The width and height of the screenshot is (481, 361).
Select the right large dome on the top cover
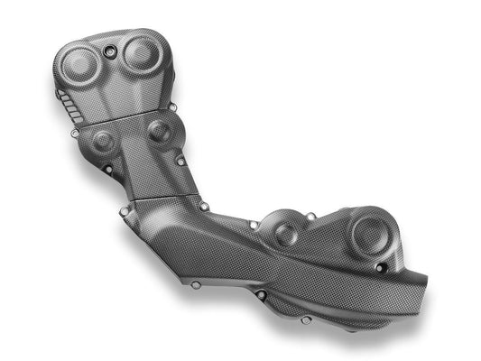[141, 54]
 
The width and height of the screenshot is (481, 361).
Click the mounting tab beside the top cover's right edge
[172, 107]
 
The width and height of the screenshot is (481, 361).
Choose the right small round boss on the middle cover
[159, 132]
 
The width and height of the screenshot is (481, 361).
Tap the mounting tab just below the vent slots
[74, 134]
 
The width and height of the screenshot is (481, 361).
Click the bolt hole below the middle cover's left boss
[109, 169]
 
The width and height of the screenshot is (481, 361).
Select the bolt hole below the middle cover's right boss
[180, 162]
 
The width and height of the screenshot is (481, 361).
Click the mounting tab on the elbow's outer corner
[124, 212]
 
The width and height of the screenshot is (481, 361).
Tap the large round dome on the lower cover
[369, 235]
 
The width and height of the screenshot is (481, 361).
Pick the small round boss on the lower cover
[286, 235]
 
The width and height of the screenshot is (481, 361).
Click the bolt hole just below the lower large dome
[380, 268]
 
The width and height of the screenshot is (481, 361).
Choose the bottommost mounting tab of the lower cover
[305, 319]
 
